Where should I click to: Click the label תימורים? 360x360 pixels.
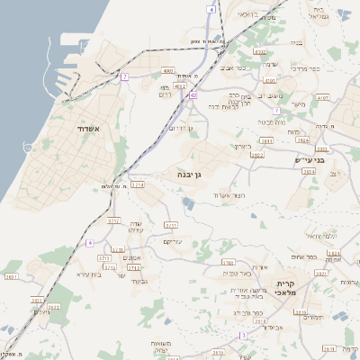(x=313, y=318)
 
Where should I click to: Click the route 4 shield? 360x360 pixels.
(x=211, y=9)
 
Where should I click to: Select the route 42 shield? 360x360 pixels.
(x=193, y=94)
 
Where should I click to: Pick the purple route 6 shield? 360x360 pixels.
(x=90, y=243)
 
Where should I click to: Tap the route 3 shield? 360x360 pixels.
(x=242, y=336)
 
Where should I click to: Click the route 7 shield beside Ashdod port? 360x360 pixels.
(x=124, y=77)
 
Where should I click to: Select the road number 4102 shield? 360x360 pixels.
(x=260, y=52)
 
